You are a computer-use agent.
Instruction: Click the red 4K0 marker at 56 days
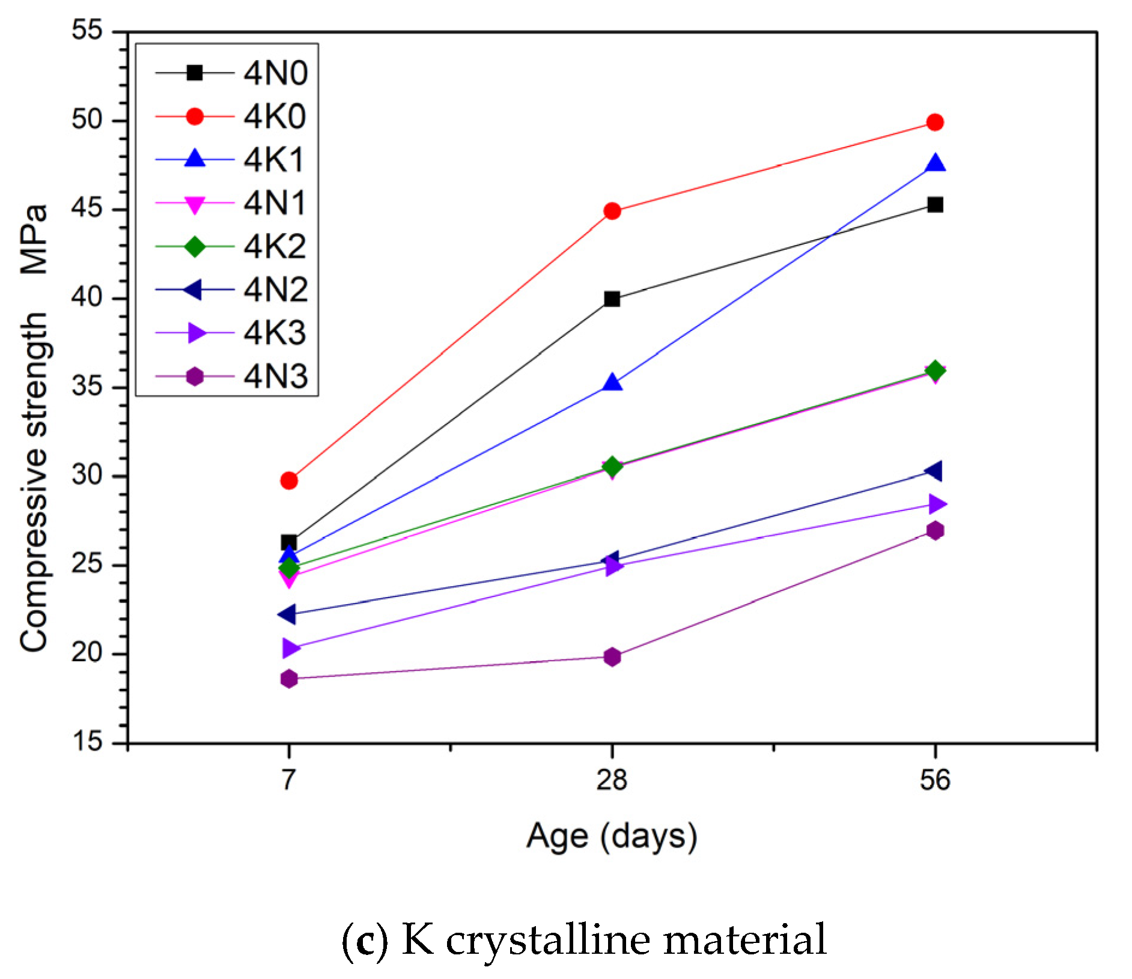(x=935, y=123)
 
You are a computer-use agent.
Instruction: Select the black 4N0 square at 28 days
(x=612, y=299)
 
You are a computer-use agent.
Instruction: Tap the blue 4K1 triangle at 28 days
(x=612, y=383)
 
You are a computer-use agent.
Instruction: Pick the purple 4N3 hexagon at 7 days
(x=289, y=679)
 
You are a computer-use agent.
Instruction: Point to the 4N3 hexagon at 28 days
(x=612, y=656)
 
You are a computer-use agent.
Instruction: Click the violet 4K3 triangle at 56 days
(x=936, y=504)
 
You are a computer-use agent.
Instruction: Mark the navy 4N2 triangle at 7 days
(x=288, y=614)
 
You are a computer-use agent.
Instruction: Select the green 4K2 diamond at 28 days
(x=612, y=466)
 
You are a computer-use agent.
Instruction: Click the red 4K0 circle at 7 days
(x=289, y=480)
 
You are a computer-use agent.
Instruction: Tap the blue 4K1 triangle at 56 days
(x=935, y=164)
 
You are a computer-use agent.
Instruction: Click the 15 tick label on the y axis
(x=87, y=742)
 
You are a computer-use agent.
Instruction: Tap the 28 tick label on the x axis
(x=612, y=780)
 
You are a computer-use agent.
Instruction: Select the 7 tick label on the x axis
(x=289, y=780)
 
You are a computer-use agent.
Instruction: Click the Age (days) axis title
(x=612, y=835)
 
